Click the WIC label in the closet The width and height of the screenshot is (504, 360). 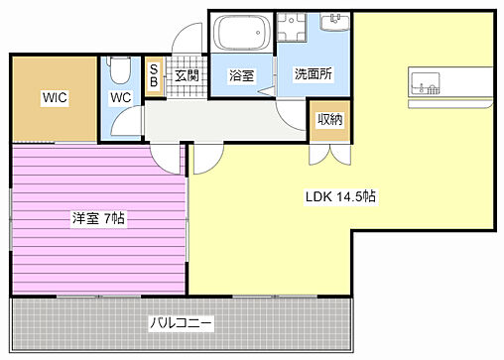coord(54,97)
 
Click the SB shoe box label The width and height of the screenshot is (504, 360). coord(154,77)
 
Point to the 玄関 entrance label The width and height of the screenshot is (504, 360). coord(187,75)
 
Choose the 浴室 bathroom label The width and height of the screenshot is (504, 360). coord(241,75)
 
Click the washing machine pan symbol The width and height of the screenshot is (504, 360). coord(294,32)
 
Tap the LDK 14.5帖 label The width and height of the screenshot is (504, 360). coord(339,196)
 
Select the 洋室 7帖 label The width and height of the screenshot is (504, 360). coord(97,217)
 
